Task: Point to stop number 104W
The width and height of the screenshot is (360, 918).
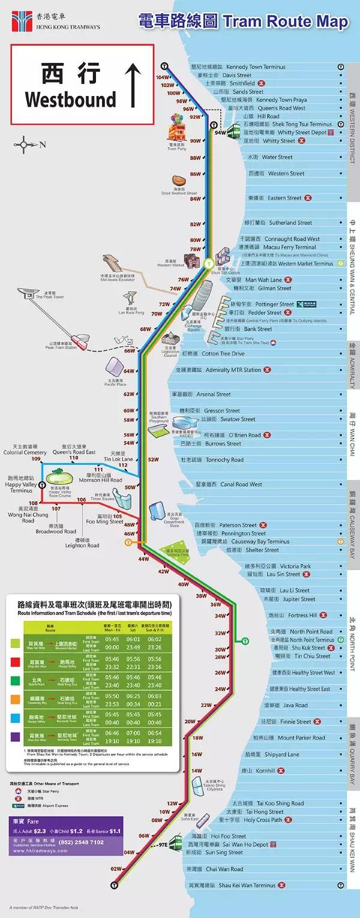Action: pyautogui.click(x=162, y=77)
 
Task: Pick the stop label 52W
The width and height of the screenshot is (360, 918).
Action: pyautogui.click(x=153, y=460)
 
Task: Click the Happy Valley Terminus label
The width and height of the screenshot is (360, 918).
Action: pyautogui.click(x=21, y=487)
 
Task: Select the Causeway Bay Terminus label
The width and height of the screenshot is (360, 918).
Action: pyautogui.click(x=260, y=542)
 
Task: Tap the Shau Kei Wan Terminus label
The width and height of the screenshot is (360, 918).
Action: pyautogui.click(x=247, y=886)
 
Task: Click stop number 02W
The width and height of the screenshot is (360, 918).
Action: pyautogui.click(x=115, y=869)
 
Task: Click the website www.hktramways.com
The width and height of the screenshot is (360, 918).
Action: pyautogui.click(x=39, y=851)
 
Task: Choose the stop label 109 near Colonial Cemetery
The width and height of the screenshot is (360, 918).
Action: pyautogui.click(x=36, y=459)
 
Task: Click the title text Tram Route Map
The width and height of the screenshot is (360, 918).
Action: pyautogui.click(x=285, y=22)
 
